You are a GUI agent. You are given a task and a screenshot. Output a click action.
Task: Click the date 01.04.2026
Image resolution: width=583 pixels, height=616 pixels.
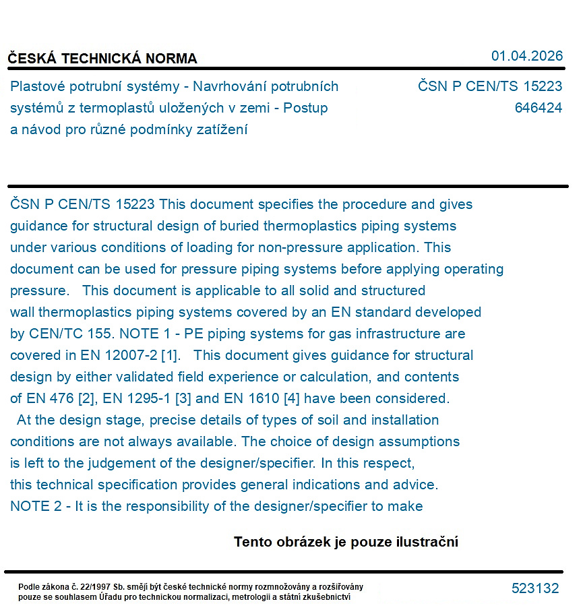(x=526, y=56)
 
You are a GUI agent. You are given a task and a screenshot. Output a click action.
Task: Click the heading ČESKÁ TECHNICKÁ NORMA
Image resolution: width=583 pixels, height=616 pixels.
(x=102, y=59)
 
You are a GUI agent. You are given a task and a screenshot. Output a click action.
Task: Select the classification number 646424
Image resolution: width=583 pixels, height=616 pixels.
(x=538, y=108)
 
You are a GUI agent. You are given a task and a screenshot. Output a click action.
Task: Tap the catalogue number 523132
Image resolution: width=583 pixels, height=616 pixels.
(x=535, y=588)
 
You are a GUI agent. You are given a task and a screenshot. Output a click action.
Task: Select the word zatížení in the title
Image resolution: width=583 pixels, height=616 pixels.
(x=220, y=129)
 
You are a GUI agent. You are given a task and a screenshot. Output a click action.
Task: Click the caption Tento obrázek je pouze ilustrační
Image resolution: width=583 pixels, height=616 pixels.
(x=346, y=542)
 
